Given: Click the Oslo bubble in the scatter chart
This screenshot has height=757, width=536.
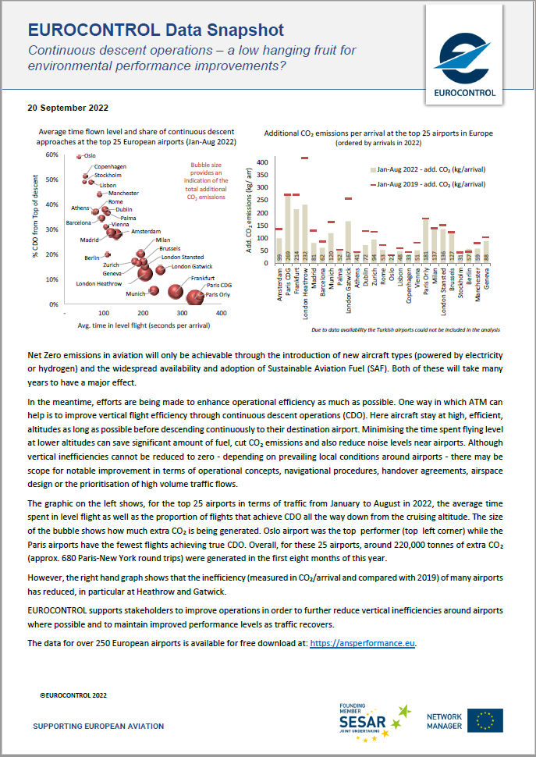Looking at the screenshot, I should pyautogui.click(x=79, y=157).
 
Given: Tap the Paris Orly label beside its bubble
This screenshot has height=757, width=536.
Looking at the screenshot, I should pyautogui.click(x=218, y=295).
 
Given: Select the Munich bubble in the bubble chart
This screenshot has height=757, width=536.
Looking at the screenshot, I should pyautogui.click(x=154, y=290).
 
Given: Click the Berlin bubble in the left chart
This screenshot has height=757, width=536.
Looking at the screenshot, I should pyautogui.click(x=107, y=254).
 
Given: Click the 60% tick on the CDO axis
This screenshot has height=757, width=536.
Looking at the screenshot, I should pyautogui.click(x=51, y=155).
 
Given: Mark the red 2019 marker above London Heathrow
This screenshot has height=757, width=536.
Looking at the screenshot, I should pyautogui.click(x=304, y=158).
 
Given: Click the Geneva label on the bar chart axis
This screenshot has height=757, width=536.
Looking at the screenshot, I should pyautogui.click(x=487, y=277).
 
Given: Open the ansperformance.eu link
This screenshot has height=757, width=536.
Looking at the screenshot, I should pyautogui.click(x=363, y=643).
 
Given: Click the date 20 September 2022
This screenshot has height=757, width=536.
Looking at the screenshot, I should pyautogui.click(x=68, y=108).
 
